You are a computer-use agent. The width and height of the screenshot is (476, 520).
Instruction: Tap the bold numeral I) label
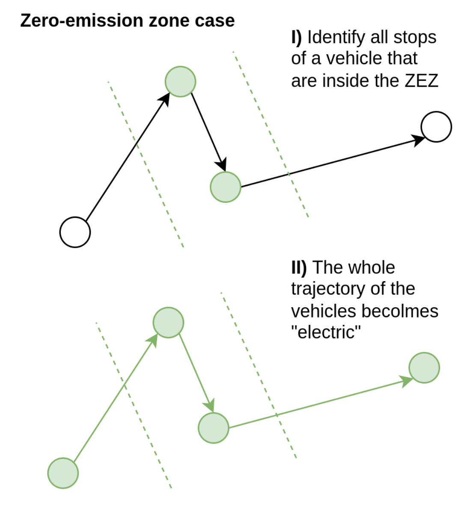[x=297, y=37]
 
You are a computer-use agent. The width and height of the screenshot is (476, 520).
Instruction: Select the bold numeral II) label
[x=299, y=267]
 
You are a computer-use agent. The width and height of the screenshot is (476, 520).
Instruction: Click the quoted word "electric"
[x=326, y=332]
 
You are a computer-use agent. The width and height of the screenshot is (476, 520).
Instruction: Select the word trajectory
[x=328, y=289]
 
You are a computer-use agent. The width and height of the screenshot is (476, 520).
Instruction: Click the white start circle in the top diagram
[x=75, y=232]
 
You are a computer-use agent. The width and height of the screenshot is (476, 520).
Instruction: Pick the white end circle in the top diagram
[x=436, y=127]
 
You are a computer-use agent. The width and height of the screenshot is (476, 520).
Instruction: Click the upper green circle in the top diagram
[x=180, y=82]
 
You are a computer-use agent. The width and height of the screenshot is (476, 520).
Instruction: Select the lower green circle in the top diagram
[x=226, y=187]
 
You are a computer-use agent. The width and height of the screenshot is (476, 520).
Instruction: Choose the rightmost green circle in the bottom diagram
[x=424, y=368]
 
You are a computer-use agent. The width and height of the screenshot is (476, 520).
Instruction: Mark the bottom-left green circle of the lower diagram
[x=63, y=473]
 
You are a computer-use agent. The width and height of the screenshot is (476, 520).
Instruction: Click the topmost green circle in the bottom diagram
[x=168, y=323]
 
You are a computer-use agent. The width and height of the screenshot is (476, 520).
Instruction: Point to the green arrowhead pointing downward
[x=210, y=405]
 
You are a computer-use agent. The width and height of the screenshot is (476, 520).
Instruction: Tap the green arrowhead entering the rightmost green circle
[x=406, y=380]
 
